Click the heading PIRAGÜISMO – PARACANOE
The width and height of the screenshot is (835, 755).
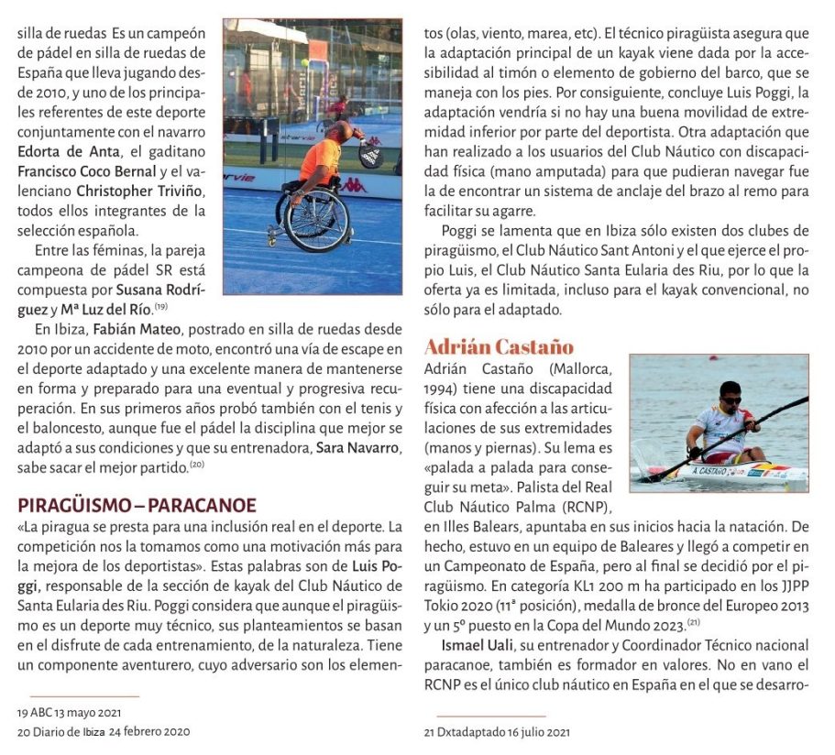pyautogui.click(x=137, y=506)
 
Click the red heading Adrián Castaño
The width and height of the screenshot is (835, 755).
pyautogui.click(x=499, y=347)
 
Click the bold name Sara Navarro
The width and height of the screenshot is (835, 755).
pyautogui.click(x=358, y=447)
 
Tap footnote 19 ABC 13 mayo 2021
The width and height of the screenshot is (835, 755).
pyautogui.click(x=70, y=712)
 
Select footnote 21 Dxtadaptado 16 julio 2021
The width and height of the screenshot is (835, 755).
pyautogui.click(x=497, y=732)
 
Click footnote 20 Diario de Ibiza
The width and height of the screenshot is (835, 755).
pyautogui.click(x=104, y=732)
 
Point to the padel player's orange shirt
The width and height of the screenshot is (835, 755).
pyautogui.click(x=321, y=159)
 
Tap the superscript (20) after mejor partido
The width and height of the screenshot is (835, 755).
pyautogui.click(x=196, y=465)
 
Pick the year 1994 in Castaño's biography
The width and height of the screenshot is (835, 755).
pyautogui.click(x=442, y=388)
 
